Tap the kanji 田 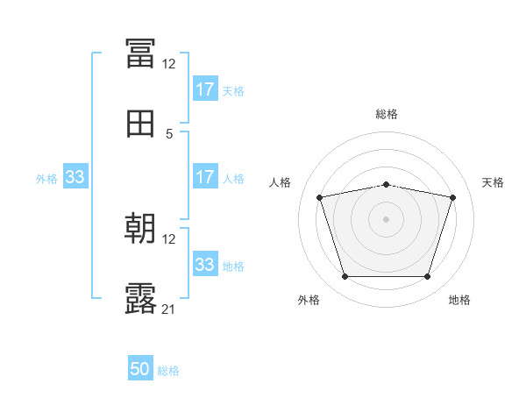click(x=140, y=124)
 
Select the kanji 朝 click(x=140, y=230)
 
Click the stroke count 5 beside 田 click(x=170, y=134)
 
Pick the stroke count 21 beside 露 click(x=168, y=309)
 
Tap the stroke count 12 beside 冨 click(x=168, y=64)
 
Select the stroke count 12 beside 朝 click(x=168, y=239)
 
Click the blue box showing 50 click(x=140, y=369)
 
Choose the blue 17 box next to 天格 click(x=205, y=89)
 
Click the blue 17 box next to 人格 click(x=205, y=177)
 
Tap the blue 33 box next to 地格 click(x=205, y=265)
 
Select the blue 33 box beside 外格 click(x=75, y=177)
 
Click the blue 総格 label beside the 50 click(x=168, y=371)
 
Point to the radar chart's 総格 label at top click(x=387, y=114)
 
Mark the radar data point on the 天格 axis click(x=453, y=197)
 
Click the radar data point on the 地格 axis click(x=427, y=277)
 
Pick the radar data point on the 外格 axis click(x=345, y=277)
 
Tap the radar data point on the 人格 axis click(x=319, y=197)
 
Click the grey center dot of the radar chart click(x=386, y=219)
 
